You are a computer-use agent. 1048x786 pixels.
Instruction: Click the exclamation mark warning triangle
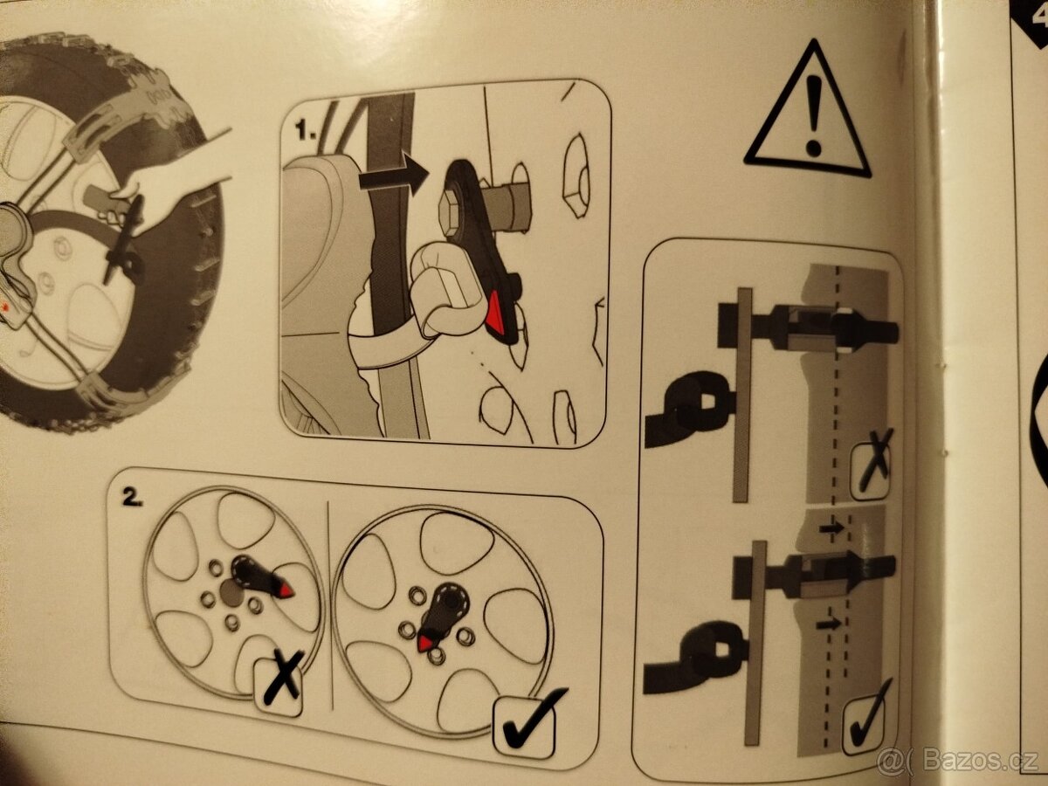coord(808,114)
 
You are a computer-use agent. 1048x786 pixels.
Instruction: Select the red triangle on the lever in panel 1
coord(498,314)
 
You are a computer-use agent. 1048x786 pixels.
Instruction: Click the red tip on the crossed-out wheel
coord(286,591)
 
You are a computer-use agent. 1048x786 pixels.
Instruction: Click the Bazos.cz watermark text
coord(959,761)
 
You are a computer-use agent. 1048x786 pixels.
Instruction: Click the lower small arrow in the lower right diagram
coord(829,624)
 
